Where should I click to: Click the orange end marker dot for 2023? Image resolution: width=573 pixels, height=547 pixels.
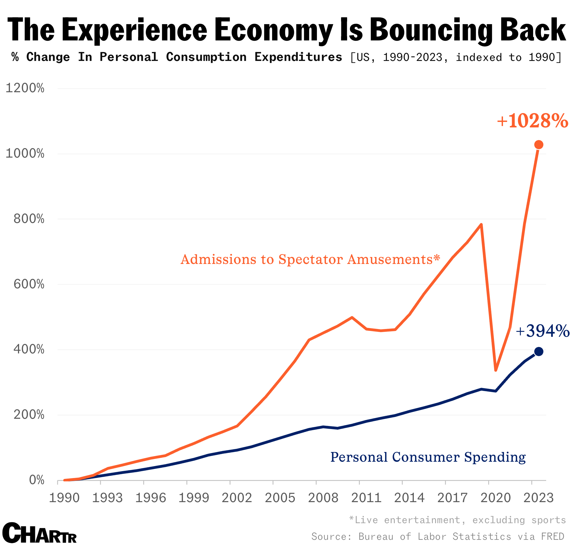click(x=538, y=144)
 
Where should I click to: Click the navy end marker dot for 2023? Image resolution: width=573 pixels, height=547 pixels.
click(x=538, y=351)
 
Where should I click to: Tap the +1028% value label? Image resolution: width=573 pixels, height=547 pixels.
click(x=533, y=121)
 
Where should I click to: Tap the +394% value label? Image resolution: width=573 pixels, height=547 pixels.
click(x=542, y=331)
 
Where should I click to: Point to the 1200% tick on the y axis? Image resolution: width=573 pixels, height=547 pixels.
click(x=25, y=88)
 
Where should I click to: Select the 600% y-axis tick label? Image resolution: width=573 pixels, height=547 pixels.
click(x=29, y=284)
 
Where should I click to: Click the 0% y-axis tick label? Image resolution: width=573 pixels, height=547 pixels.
click(x=37, y=480)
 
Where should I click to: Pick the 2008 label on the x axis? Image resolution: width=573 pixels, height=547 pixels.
click(x=323, y=498)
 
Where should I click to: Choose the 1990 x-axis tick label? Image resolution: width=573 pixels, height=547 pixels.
click(x=64, y=498)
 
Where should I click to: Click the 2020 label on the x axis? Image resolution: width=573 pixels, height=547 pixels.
click(x=495, y=498)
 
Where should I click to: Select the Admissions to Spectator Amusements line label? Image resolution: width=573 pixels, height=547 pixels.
click(x=310, y=259)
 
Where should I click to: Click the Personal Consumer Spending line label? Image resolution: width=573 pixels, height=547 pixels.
click(x=428, y=457)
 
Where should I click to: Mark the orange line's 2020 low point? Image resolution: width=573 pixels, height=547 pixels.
click(x=495, y=370)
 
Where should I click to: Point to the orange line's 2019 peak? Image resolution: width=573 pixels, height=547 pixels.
click(x=481, y=225)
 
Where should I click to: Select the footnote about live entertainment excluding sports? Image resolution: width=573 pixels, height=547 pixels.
click(x=457, y=520)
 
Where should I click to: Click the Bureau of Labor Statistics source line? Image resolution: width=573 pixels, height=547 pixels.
click(x=438, y=536)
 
